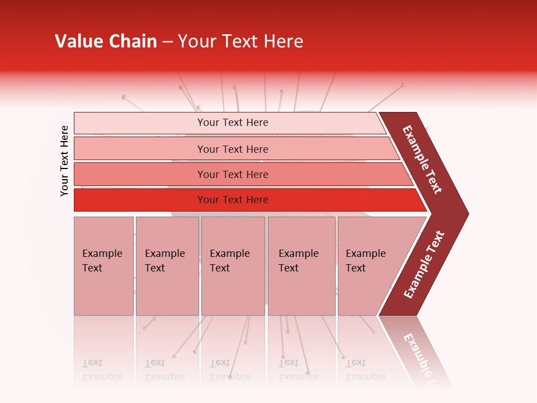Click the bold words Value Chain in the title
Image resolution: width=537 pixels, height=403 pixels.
[x=106, y=41]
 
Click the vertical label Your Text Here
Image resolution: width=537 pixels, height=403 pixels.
[x=64, y=161]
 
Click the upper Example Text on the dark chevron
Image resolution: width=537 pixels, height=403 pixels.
[x=422, y=160]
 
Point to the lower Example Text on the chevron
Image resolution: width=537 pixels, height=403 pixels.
[x=424, y=265]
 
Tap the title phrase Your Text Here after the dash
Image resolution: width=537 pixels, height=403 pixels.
[x=241, y=41]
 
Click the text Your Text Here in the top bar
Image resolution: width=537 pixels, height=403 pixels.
[x=233, y=123]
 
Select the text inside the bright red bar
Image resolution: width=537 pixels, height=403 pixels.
[x=233, y=200]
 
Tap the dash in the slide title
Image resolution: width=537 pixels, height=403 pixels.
[x=167, y=41]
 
